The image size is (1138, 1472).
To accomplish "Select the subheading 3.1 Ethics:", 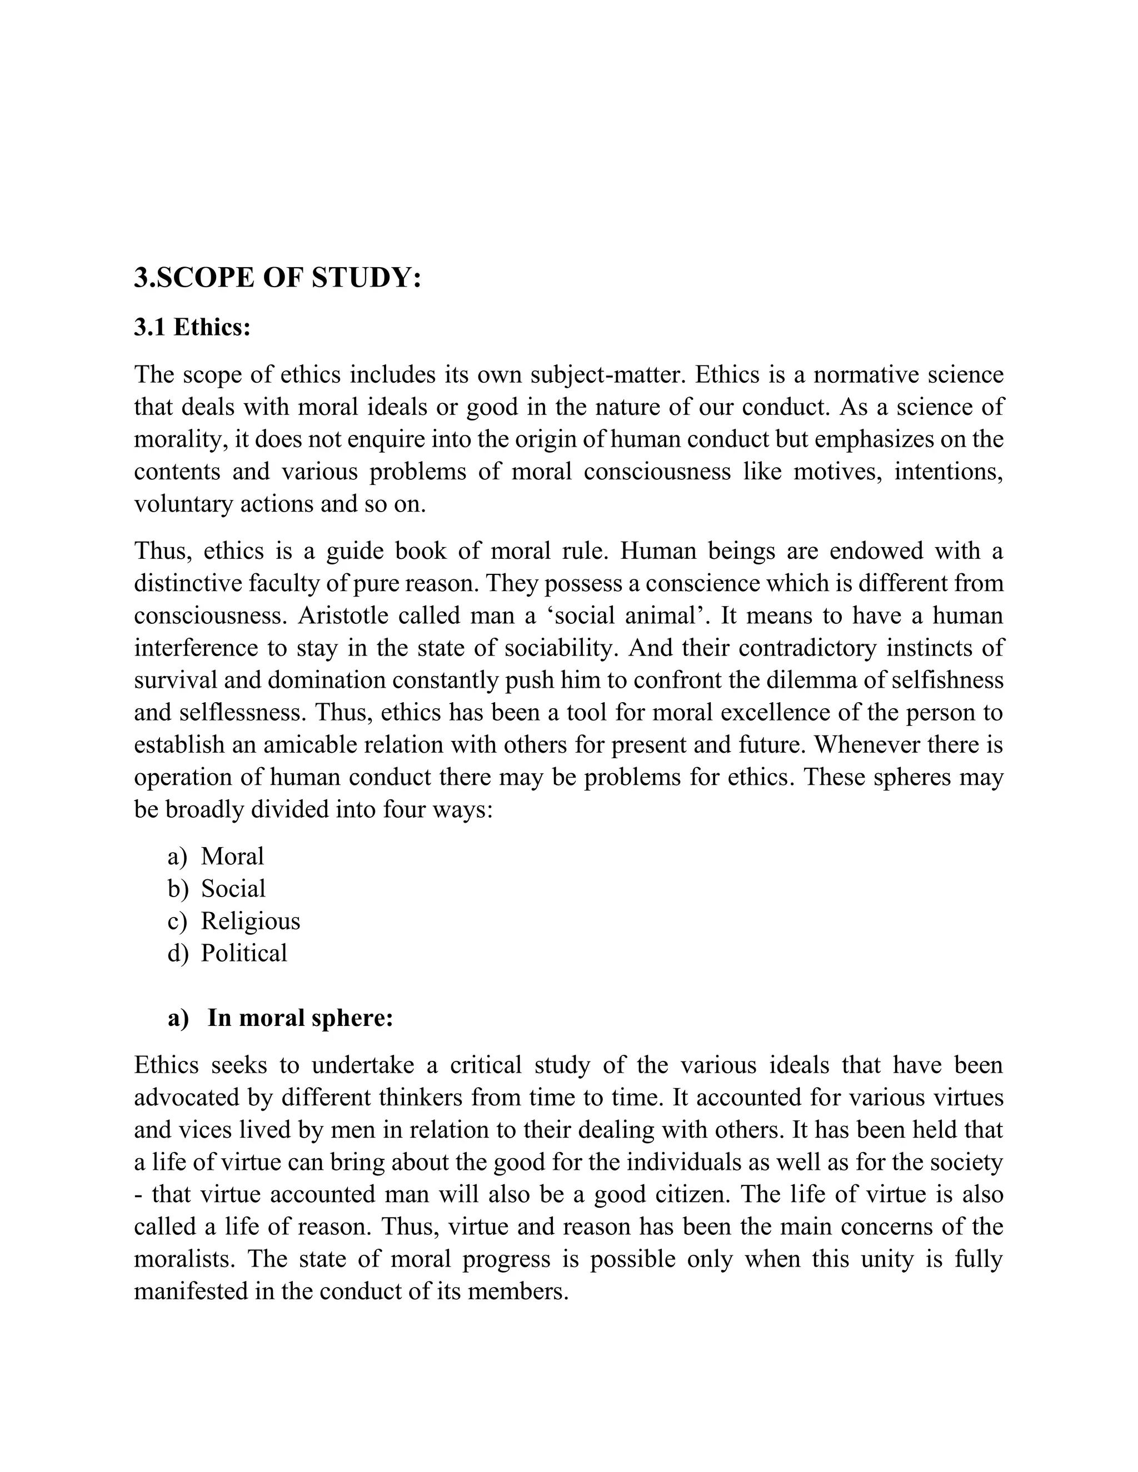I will tap(192, 328).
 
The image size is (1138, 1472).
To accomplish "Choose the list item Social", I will tap(233, 889).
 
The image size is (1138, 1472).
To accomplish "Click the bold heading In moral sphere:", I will tap(300, 1018).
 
